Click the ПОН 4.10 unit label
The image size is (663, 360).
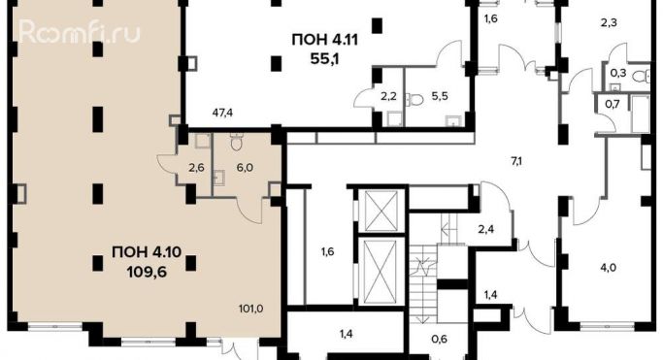pyautogui.click(x=147, y=252)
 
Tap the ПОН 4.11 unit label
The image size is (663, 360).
pyautogui.click(x=325, y=40)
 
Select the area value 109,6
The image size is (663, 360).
pyautogui.click(x=147, y=272)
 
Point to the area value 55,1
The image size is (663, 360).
pyautogui.click(x=325, y=59)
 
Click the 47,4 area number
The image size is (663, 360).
pyautogui.click(x=222, y=113)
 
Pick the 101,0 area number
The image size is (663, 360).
pyautogui.click(x=250, y=309)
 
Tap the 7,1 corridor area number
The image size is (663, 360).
pyautogui.click(x=516, y=161)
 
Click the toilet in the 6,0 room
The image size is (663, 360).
pyautogui.click(x=236, y=142)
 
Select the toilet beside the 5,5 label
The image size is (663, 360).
pyautogui.click(x=414, y=100)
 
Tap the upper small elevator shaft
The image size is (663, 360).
pyautogui.click(x=381, y=211)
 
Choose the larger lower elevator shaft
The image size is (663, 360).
pyautogui.click(x=381, y=272)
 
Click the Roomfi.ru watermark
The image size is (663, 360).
pyautogui.click(x=79, y=32)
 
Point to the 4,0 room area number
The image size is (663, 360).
pyautogui.click(x=608, y=268)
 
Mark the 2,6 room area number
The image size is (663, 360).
pyautogui.click(x=197, y=168)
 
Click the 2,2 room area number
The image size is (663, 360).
pyautogui.click(x=388, y=96)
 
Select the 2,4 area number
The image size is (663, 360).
pyautogui.click(x=485, y=229)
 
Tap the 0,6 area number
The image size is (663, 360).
pyautogui.click(x=440, y=339)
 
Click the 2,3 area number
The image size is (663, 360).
pyautogui.click(x=609, y=22)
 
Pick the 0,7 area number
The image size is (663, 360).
pyautogui.click(x=613, y=104)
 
